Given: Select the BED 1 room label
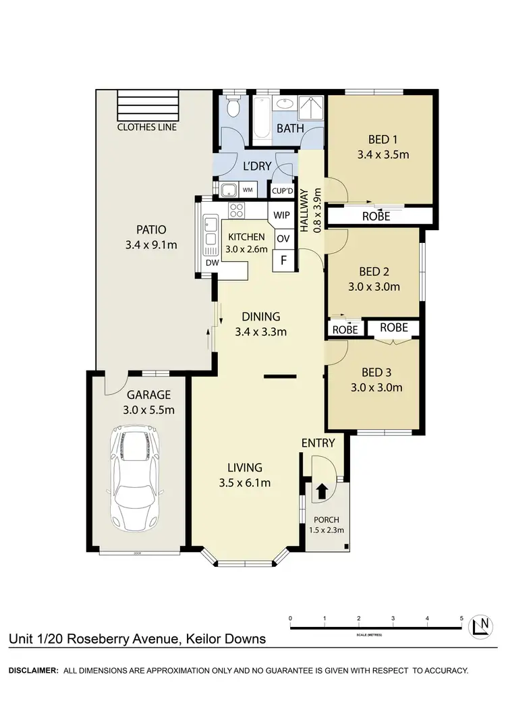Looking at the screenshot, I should tap(382, 140).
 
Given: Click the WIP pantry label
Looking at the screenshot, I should tap(281, 216).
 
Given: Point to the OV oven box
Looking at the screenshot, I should tap(283, 238).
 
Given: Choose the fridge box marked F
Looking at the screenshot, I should tap(283, 260).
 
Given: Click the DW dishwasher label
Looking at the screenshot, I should tap(210, 263).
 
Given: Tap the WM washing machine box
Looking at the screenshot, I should tap(248, 190).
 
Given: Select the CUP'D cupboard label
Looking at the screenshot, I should tap(281, 190).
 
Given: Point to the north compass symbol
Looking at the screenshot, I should tap(480, 626).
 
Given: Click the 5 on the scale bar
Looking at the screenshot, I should tap(461, 618).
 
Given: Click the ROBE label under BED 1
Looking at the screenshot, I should tap(376, 217).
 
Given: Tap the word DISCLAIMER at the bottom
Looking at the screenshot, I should tap(31, 671).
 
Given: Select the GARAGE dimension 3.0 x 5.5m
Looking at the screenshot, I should tap(148, 410).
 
